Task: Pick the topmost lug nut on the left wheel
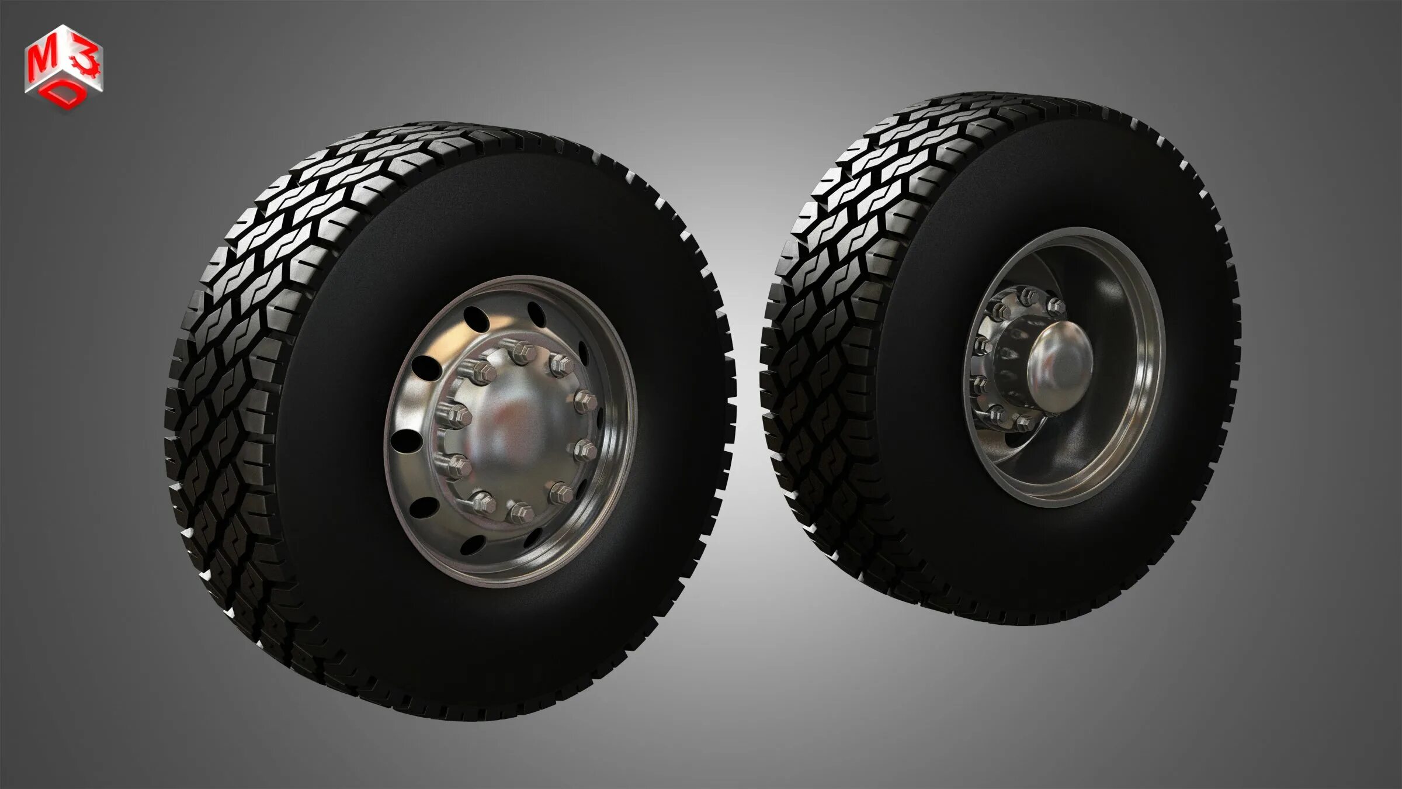[519, 352]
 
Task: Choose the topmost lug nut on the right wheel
[1025, 296]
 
